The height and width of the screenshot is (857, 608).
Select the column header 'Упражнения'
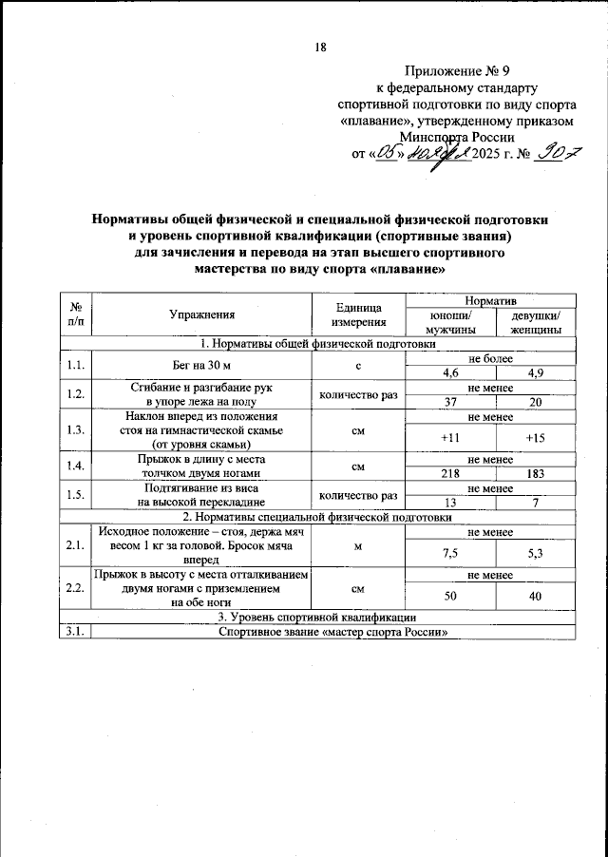coord(201,313)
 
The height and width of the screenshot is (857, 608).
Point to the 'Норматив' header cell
coord(491,299)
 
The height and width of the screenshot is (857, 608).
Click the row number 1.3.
coord(74,429)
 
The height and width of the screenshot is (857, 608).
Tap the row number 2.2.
coord(74,588)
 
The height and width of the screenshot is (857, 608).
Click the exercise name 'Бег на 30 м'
coord(201,366)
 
